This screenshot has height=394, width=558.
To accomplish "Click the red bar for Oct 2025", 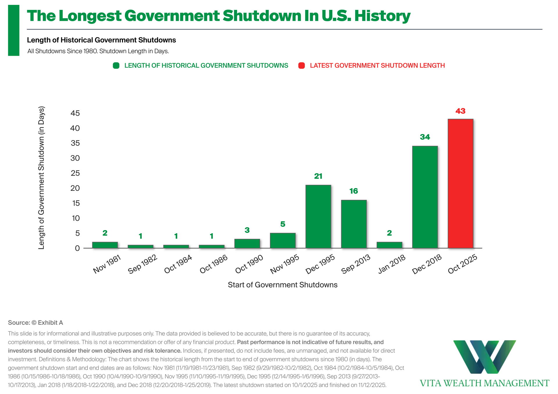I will point(460,184).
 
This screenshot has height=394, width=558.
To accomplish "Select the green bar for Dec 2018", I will point(425,197).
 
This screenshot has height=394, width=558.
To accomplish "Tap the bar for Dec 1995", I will point(318,216).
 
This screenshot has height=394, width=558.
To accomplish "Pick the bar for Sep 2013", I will point(354,224).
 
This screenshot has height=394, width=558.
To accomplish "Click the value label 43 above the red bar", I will point(460,111).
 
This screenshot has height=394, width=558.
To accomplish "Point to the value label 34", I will point(425,137).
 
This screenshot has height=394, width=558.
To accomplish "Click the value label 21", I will point(318,176).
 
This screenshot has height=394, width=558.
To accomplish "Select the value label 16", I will point(354,191).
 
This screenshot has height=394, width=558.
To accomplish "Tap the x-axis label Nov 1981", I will point(107,264).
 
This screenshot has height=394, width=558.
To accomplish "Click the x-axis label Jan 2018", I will point(392,264).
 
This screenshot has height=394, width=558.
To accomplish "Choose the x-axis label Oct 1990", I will point(249,264).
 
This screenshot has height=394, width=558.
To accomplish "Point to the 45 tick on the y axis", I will point(75,113).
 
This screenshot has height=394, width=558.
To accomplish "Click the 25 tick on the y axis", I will point(75,173).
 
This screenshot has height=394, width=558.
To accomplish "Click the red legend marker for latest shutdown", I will point(302,66).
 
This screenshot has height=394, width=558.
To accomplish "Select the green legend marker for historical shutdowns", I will point(116,66).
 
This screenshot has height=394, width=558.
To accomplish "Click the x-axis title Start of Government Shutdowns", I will point(282,285).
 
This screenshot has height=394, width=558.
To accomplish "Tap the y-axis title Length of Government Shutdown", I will point(42,178).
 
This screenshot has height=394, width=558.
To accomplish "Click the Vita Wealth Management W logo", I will point(484,357).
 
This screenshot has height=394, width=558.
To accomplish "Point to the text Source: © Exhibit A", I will point(35,323).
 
